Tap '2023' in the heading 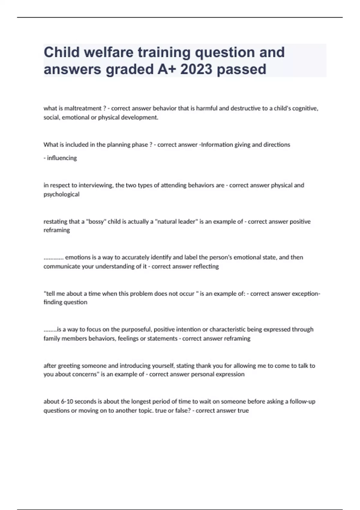click(196, 69)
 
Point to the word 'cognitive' click(305, 108)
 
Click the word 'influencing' click(62, 158)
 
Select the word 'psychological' click(61, 194)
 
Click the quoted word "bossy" click(96, 222)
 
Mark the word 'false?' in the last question click(182, 410)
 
